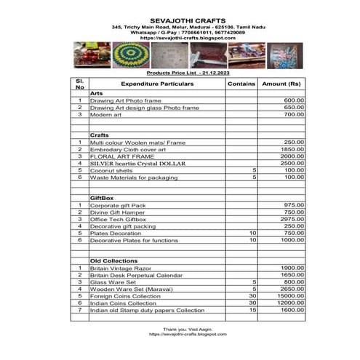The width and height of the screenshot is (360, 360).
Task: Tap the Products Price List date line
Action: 177,73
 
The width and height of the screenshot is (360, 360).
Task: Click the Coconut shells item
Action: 113,169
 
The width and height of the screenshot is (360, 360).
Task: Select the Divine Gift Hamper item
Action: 116,212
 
